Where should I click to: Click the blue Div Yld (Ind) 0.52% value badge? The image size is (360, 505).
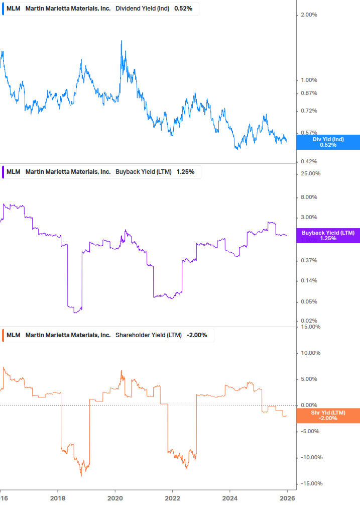328,142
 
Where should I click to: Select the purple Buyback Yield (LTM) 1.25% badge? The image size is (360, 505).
328,235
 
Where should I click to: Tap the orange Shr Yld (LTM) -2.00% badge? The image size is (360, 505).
328,416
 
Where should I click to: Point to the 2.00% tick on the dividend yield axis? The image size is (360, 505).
309,15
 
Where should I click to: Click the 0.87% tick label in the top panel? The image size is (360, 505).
309,93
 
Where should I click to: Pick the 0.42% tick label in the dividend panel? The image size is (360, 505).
309,161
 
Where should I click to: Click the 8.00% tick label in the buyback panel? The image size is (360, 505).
309,197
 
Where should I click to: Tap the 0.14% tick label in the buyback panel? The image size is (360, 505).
309,280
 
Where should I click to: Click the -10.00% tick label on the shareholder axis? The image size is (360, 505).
309,457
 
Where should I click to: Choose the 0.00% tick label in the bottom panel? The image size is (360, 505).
309,405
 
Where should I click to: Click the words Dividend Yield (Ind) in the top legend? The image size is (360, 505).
143,9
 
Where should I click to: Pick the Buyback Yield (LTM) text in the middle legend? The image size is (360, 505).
144,172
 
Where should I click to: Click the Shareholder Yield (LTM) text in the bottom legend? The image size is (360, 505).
149,335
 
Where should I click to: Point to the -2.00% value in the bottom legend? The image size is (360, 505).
197,335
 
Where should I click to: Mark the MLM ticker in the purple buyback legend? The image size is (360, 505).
14,172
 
